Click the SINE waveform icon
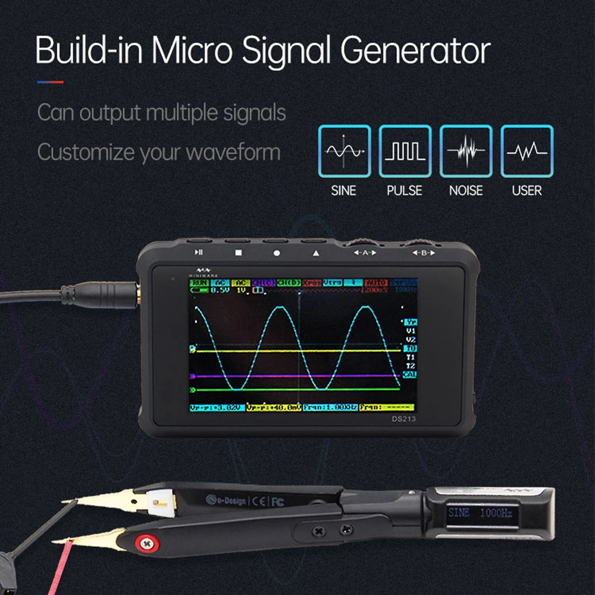344,151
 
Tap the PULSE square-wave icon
405,151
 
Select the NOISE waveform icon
466,151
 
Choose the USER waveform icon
527,151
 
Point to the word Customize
85,152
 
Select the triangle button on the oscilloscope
315,252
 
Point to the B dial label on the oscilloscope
424,253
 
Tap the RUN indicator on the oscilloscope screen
200,283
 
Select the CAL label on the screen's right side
410,374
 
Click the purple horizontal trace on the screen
297,376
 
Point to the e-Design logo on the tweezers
226,500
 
